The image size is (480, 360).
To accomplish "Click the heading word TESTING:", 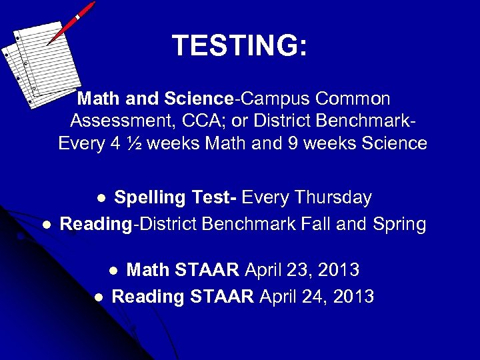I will tap(239, 46).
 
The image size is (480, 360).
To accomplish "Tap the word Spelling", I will tap(149, 197).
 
